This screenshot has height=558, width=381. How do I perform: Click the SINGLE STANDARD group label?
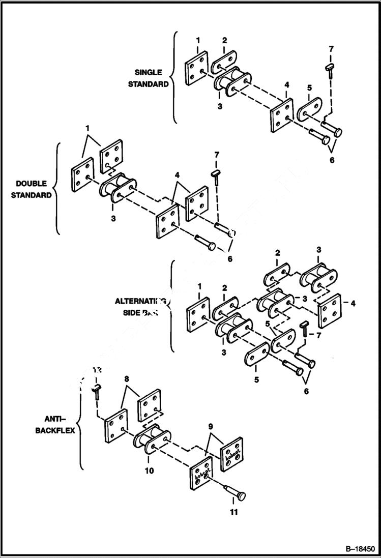point(151,78)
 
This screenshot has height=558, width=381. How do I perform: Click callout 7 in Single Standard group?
point(331,49)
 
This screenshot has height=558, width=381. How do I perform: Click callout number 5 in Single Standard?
point(308,87)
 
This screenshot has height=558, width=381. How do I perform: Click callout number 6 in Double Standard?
point(230,258)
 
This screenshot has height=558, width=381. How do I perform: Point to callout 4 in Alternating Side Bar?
point(353,304)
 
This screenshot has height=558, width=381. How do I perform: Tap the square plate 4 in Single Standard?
point(281,116)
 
